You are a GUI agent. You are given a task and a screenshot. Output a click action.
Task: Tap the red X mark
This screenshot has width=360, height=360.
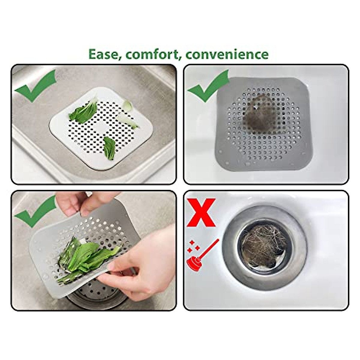201,212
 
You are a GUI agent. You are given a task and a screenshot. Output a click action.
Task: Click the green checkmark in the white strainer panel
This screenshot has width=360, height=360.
35,85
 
